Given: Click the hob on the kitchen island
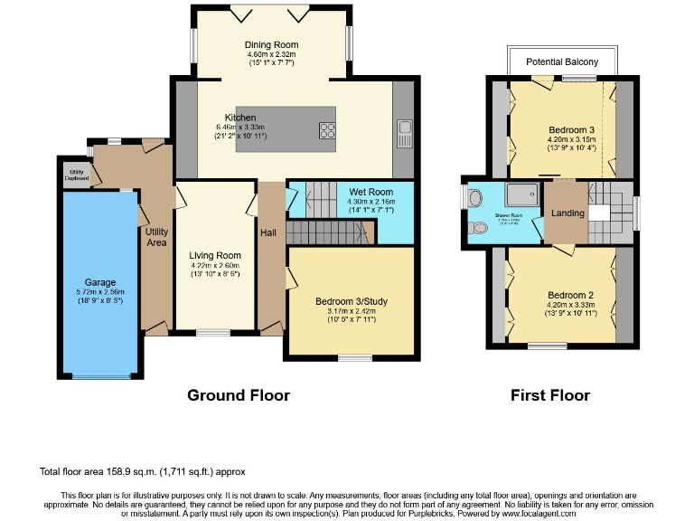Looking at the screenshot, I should point(327,130).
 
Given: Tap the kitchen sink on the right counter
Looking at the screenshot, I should point(404,134).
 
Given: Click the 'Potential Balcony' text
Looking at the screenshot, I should point(561,62).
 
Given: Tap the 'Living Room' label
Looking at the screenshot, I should point(215,255).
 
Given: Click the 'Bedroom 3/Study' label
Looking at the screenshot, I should point(351,301).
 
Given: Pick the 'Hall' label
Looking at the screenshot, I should point(268,232).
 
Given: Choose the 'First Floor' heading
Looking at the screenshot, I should point(550,395).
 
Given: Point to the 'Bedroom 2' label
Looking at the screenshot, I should point(570,295).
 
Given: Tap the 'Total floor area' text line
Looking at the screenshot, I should point(142,471).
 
